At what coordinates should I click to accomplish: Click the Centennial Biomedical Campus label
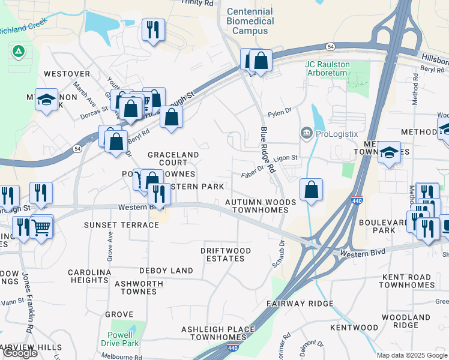(250, 21)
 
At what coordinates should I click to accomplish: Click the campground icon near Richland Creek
(19, 52)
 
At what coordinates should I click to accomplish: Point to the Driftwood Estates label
(225, 254)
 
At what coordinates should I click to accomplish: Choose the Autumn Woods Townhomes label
(261, 206)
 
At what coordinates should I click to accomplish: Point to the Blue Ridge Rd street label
(267, 150)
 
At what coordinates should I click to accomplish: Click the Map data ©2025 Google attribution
(412, 355)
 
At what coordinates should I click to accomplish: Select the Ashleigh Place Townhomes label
(218, 333)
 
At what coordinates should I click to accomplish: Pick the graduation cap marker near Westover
(46, 100)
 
